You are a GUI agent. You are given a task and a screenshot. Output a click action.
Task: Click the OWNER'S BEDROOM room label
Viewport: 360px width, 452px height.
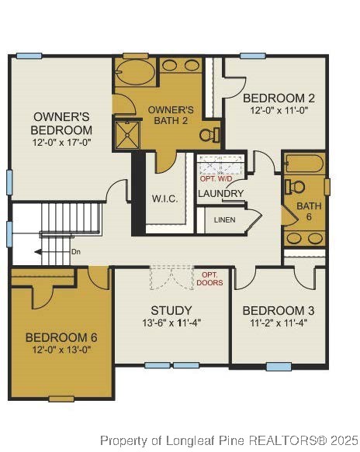[x=62, y=123]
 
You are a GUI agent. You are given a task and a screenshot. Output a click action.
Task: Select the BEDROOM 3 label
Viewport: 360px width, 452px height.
[x=279, y=310]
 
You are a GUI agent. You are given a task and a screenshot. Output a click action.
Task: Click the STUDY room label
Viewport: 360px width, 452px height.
[x=171, y=310]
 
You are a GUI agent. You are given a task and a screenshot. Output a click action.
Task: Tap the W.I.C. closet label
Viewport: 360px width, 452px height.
[x=164, y=198]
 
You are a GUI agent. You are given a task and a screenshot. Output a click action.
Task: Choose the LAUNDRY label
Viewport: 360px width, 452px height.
[x=221, y=193]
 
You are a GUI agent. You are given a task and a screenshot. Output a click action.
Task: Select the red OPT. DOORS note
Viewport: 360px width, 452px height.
[x=211, y=279]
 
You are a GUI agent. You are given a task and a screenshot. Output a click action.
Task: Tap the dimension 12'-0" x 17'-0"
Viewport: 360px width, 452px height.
[x=62, y=143]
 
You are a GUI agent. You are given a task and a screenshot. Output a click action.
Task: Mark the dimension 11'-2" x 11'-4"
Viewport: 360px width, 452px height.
[x=279, y=323]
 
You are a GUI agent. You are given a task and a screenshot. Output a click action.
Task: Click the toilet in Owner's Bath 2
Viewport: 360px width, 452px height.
[x=208, y=135]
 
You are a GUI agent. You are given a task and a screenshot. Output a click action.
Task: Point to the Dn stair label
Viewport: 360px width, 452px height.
[x=75, y=252]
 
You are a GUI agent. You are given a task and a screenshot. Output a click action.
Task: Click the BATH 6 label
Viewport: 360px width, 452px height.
[x=308, y=211]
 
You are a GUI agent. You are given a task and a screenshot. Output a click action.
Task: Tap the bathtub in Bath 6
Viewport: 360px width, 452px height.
[x=304, y=164]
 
